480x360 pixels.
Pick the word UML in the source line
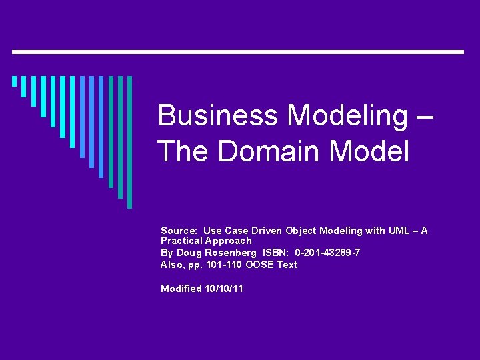pyautogui.click(x=401, y=231)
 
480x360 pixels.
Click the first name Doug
pyautogui.click(x=188, y=253)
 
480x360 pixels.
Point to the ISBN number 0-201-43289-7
pyautogui.click(x=327, y=253)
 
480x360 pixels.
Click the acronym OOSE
pyautogui.click(x=259, y=265)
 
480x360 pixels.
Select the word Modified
pyautogui.click(x=181, y=289)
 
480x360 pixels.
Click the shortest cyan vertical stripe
pyautogui.click(x=14, y=82)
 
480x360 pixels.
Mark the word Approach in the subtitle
pyautogui.click(x=230, y=241)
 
